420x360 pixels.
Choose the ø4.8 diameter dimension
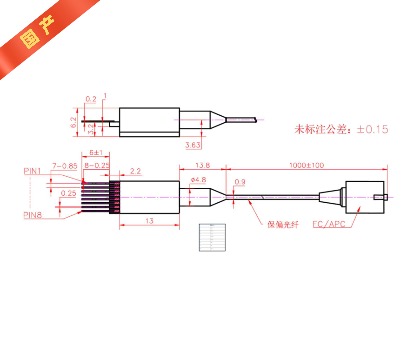tap(198, 181)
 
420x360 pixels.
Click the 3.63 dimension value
tap(192, 144)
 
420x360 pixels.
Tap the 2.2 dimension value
tap(135, 172)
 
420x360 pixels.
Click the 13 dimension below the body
tap(148, 220)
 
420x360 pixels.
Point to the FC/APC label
tap(327, 225)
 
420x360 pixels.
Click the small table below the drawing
tap(214, 236)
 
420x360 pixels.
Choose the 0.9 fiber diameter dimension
tap(240, 181)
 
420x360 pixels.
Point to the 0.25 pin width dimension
tap(68, 193)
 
